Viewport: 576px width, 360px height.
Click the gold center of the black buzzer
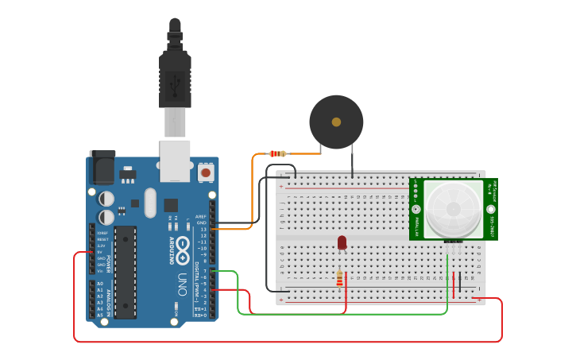pyautogui.click(x=336, y=122)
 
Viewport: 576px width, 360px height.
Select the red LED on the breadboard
pyautogui.click(x=342, y=242)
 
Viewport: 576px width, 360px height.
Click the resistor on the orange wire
pyautogui.click(x=277, y=153)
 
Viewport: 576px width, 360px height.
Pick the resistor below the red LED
pyautogui.click(x=340, y=278)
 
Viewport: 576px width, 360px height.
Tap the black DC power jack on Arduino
pyautogui.click(x=102, y=167)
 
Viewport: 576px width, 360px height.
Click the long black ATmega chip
pyautogui.click(x=125, y=272)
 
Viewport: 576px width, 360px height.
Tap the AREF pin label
pyautogui.click(x=201, y=216)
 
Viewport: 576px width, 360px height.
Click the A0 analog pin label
pyautogui.click(x=100, y=284)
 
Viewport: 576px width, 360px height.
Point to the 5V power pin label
pyautogui.click(x=100, y=252)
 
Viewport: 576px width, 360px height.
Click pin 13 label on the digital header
pyautogui.click(x=203, y=229)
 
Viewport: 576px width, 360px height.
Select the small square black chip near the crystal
pyautogui.click(x=171, y=205)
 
